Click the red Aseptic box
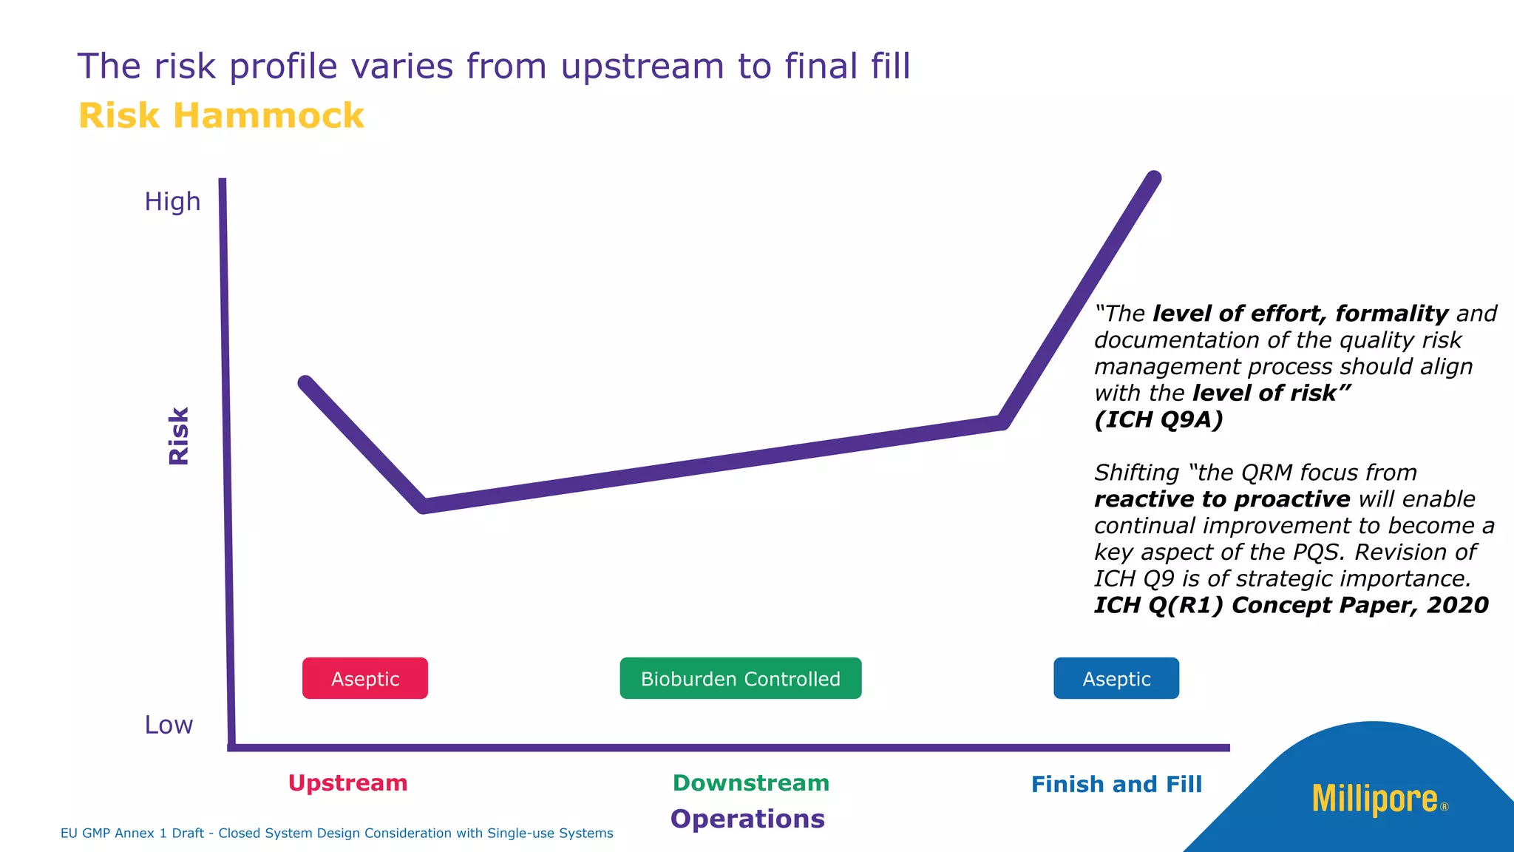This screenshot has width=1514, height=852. [364, 678]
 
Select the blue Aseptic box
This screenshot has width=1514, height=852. [1116, 678]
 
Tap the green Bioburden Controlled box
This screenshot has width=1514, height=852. [740, 678]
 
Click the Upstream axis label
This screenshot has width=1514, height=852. [347, 782]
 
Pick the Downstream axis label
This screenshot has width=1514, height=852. [750, 782]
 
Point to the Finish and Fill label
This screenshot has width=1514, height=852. [1116, 784]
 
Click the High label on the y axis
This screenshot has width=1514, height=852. [172, 201]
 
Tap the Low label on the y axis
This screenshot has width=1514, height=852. [169, 725]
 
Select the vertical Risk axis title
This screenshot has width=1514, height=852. [179, 436]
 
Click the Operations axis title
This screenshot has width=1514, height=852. [747, 819]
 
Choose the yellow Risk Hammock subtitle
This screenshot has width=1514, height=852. [221, 116]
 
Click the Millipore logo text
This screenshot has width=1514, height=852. [1375, 799]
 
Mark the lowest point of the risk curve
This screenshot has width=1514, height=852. [424, 506]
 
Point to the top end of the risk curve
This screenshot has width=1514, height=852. [1153, 179]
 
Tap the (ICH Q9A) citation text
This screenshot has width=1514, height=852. [1158, 419]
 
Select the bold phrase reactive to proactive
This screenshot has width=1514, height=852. [1222, 499]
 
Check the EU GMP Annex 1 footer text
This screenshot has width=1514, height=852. [336, 833]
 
